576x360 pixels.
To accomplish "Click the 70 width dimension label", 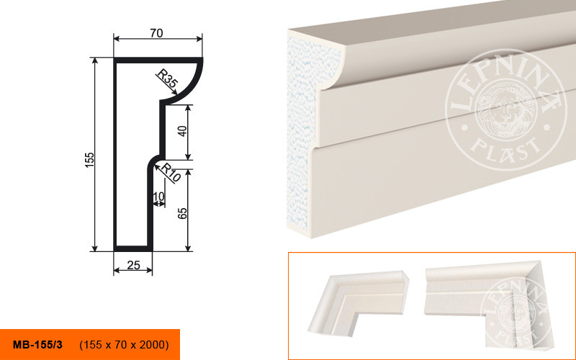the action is (x=156, y=33).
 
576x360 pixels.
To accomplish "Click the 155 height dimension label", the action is (x=89, y=160).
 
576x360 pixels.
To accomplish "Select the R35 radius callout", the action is (x=167, y=79).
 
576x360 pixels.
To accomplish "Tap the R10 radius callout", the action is (x=171, y=173).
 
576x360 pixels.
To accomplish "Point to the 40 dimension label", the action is (x=182, y=131).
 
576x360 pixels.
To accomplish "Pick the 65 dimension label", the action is (x=182, y=213).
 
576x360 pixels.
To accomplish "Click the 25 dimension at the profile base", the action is (x=133, y=265).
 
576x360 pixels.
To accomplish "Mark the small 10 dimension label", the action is (x=158, y=197).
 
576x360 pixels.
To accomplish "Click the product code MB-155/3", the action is (x=37, y=345).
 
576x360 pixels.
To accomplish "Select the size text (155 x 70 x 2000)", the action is (x=124, y=345).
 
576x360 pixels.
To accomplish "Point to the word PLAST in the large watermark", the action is (x=506, y=148).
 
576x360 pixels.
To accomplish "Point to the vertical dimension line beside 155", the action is (x=95, y=155).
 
